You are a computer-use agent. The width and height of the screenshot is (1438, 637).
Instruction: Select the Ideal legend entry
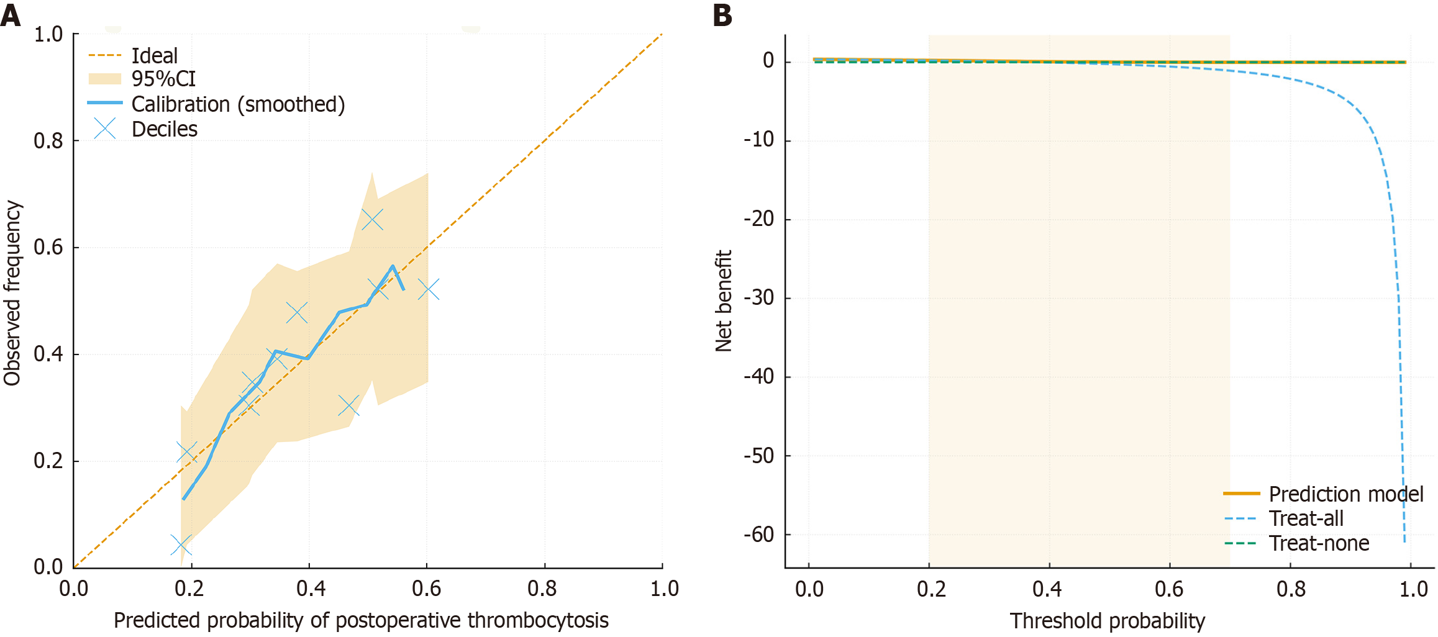[155, 56]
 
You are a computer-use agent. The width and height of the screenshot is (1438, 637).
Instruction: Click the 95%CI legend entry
[163, 79]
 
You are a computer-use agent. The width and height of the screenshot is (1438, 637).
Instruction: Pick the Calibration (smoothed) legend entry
[238, 104]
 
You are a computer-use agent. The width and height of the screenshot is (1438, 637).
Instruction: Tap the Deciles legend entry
[165, 129]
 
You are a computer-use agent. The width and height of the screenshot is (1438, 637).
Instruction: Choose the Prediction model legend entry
[1346, 494]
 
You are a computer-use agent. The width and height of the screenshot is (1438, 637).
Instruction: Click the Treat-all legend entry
[1306, 518]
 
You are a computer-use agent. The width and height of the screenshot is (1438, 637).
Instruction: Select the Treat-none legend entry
[1319, 544]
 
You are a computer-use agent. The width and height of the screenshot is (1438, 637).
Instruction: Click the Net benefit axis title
[724, 301]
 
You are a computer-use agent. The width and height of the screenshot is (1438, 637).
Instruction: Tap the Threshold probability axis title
[1107, 621]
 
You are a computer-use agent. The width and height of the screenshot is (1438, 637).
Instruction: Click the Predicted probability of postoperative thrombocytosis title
[361, 620]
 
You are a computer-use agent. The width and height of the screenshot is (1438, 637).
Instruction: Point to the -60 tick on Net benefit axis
[759, 535]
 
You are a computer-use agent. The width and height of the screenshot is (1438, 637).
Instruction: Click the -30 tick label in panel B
[759, 298]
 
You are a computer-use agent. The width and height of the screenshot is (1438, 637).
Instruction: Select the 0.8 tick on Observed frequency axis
[48, 141]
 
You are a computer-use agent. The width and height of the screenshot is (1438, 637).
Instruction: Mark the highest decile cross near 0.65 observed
[372, 219]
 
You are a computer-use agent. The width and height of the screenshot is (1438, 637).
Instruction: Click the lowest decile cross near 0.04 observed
[181, 545]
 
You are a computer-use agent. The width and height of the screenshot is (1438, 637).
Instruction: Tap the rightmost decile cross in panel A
[429, 289]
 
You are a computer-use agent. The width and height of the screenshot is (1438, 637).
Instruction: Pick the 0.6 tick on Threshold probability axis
[1169, 589]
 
